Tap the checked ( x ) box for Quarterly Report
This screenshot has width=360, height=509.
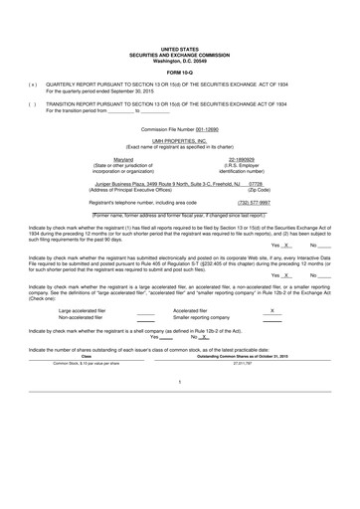point(34,85)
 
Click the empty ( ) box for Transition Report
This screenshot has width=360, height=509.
point(34,103)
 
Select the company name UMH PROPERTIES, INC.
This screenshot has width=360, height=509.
point(179,142)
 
